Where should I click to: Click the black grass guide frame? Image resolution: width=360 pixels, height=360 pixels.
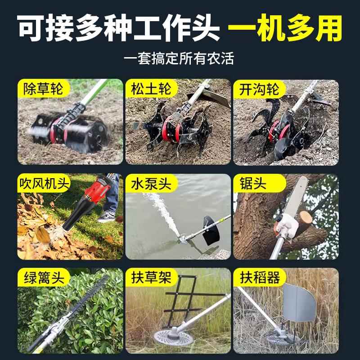coord(180,306)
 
